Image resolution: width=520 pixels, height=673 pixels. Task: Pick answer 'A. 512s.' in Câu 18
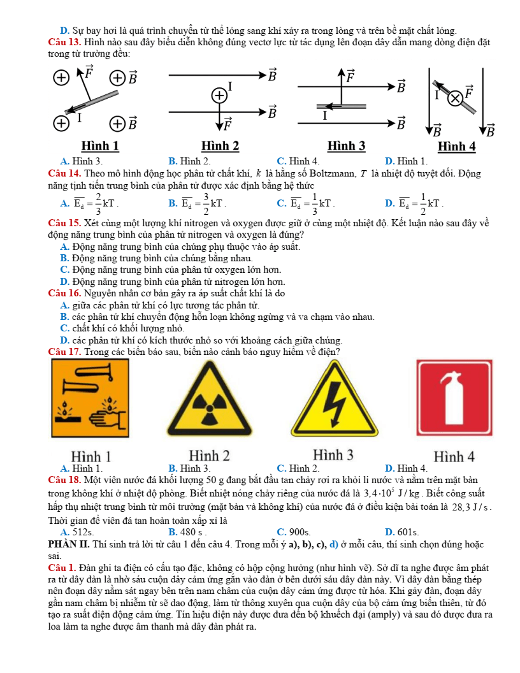coord(76,532)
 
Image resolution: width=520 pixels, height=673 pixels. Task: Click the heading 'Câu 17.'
coord(64,351)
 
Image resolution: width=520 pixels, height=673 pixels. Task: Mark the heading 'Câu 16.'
coord(64,293)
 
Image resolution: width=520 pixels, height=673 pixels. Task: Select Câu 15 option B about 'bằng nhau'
coord(156,258)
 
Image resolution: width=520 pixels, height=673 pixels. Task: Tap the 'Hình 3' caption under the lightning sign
coord(333,456)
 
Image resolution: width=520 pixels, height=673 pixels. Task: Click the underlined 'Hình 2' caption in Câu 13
coord(220,146)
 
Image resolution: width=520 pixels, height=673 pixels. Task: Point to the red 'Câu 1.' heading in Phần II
coord(61,566)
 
